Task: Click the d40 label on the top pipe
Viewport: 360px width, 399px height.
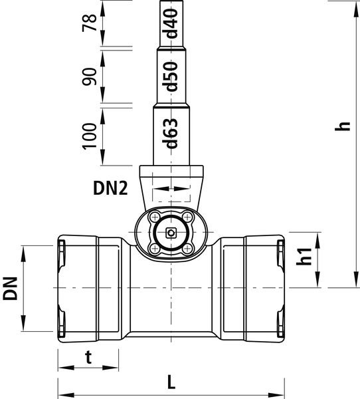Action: click(171, 23)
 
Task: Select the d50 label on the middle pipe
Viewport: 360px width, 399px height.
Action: click(171, 76)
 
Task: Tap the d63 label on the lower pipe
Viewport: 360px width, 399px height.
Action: click(170, 133)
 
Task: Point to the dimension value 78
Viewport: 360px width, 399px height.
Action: click(90, 23)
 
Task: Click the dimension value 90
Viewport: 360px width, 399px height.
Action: click(90, 76)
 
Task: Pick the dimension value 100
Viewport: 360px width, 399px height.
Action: click(90, 136)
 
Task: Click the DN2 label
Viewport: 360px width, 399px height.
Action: click(110, 189)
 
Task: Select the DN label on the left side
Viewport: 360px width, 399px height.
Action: click(10, 289)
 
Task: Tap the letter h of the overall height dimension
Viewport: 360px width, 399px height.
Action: click(343, 126)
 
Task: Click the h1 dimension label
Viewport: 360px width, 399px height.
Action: click(304, 256)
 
